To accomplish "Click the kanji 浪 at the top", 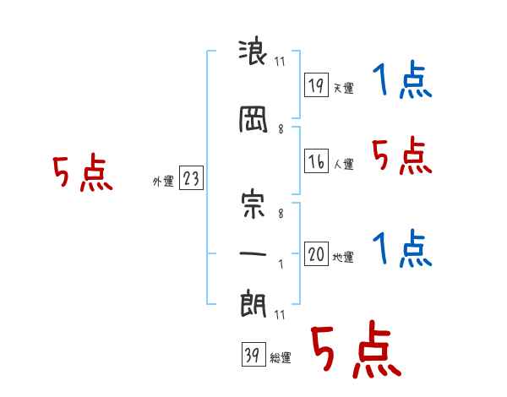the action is click(252, 53).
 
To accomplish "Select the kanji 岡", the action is click(253, 119).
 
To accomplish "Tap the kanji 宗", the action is click(253, 205).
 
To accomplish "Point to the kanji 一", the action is click(253, 253).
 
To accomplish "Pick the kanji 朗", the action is click(253, 303).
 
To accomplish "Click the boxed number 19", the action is click(316, 84).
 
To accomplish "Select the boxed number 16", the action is click(316, 160).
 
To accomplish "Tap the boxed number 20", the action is click(316, 253).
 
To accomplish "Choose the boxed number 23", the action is click(191, 177).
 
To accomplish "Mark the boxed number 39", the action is click(253, 354).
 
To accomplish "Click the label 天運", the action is click(343, 88).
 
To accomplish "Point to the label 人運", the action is click(343, 164).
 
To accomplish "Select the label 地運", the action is click(343, 257).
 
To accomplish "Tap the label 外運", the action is click(163, 181).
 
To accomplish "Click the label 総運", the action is click(281, 358).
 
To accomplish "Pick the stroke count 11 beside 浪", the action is click(280, 62).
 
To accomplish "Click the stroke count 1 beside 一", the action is click(281, 264).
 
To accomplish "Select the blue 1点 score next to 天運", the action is click(402, 79).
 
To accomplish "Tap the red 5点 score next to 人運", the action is click(402, 155).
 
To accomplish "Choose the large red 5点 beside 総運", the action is click(356, 350).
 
